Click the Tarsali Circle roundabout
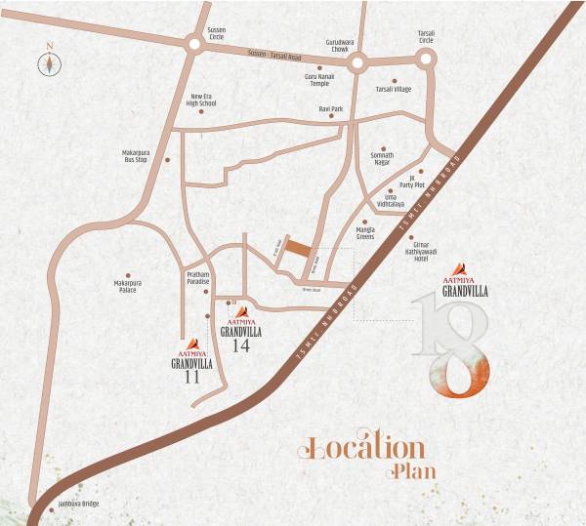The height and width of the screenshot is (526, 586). (x=428, y=61)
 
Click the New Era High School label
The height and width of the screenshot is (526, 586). (x=202, y=100)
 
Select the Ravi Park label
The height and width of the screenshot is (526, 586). (x=331, y=108)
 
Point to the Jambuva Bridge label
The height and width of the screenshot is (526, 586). (x=78, y=505)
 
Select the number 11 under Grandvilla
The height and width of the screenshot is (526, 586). (x=191, y=378)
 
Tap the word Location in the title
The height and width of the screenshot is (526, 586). (x=364, y=448)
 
